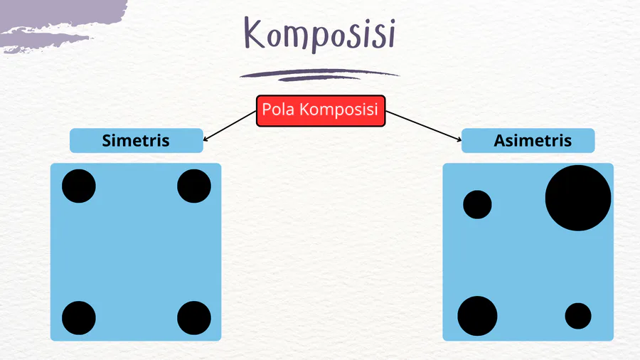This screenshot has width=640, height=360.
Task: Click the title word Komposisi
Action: click(x=319, y=34)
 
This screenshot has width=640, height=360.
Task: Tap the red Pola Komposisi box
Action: click(x=320, y=110)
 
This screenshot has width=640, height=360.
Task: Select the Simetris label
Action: click(x=136, y=140)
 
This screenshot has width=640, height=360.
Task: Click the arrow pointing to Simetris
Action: click(x=229, y=125)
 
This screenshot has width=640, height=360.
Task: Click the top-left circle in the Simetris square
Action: click(x=79, y=186)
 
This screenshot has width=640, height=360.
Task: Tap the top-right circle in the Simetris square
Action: click(x=193, y=186)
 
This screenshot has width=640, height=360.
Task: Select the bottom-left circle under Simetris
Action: click(x=79, y=318)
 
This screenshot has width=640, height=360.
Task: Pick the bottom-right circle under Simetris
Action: click(x=193, y=318)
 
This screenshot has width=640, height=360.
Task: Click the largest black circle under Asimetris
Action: click(x=578, y=198)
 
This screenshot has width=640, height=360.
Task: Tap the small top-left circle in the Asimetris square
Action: click(x=477, y=204)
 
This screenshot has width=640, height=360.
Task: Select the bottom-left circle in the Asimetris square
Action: click(x=477, y=316)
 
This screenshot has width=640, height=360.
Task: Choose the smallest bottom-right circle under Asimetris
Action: click(x=578, y=316)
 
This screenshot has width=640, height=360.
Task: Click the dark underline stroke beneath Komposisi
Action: click(x=319, y=74)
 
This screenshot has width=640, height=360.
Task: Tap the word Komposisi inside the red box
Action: click(x=339, y=110)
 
